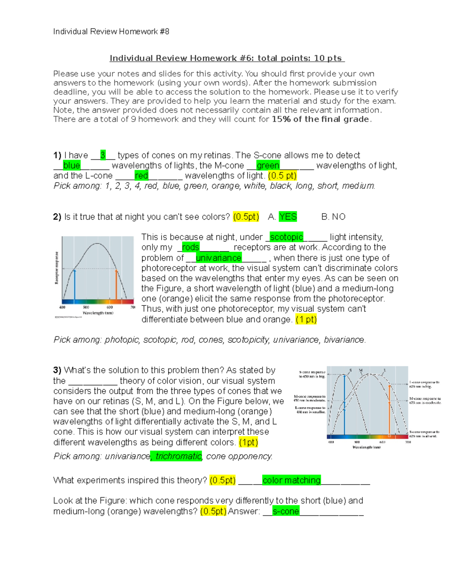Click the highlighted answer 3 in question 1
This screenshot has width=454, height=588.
tap(103, 155)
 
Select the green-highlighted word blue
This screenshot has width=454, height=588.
tap(72, 165)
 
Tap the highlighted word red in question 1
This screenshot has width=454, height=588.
tap(141, 176)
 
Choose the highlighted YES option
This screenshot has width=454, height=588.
tap(288, 217)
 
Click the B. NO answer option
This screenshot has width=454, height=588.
tap(333, 217)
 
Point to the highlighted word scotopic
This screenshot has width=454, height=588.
tap(286, 237)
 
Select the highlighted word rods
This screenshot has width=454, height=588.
tap(190, 247)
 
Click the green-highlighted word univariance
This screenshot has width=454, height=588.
tap(218, 258)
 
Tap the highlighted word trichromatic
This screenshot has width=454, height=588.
tap(178, 456)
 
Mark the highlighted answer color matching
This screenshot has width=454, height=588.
tap(291, 480)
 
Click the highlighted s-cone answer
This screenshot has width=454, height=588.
tap(286, 511)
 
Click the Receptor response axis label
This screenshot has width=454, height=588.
tap(57, 268)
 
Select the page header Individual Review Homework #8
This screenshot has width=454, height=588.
tap(111, 31)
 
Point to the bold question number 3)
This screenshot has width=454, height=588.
tap(57, 370)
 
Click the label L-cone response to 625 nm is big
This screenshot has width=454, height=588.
tap(424, 384)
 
